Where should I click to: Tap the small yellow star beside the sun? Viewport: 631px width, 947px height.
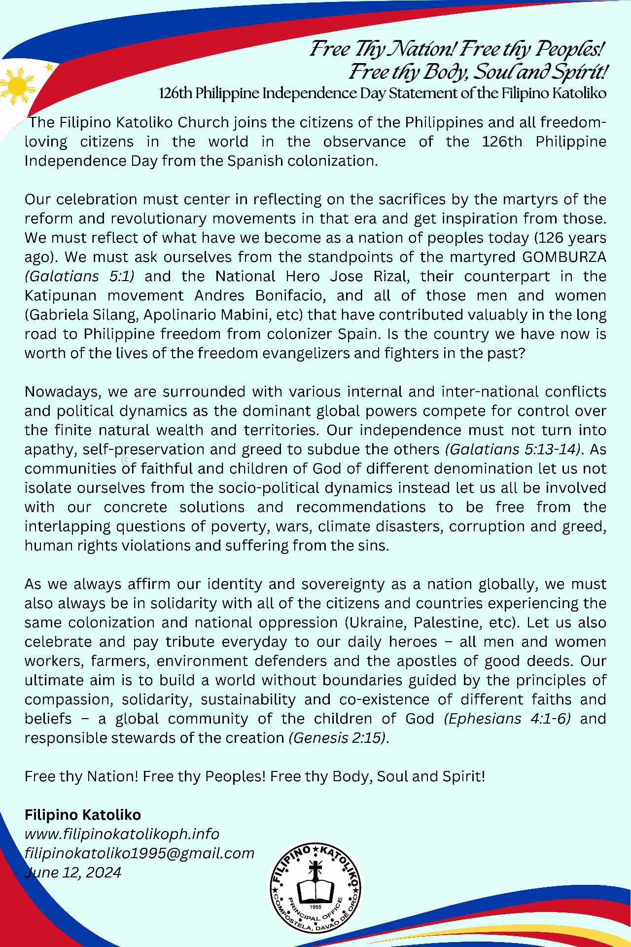point(48,67)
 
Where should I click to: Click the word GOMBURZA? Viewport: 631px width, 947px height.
point(564,257)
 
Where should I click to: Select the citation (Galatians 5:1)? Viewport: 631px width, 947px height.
point(79,276)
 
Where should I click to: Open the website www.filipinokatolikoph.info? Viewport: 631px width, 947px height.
point(122,834)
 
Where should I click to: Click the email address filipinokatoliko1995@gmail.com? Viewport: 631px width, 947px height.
point(140,853)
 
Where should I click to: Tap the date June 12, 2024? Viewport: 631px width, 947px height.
point(73,873)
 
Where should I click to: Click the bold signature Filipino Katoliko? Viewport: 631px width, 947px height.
point(83,815)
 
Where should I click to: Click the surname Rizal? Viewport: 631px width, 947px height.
point(390,276)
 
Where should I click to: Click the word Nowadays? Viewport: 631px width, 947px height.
point(63,392)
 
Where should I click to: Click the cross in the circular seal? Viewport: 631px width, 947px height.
point(315,870)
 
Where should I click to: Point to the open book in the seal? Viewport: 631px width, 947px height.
point(315,890)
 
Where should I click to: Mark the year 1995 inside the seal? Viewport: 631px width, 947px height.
point(315,907)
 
